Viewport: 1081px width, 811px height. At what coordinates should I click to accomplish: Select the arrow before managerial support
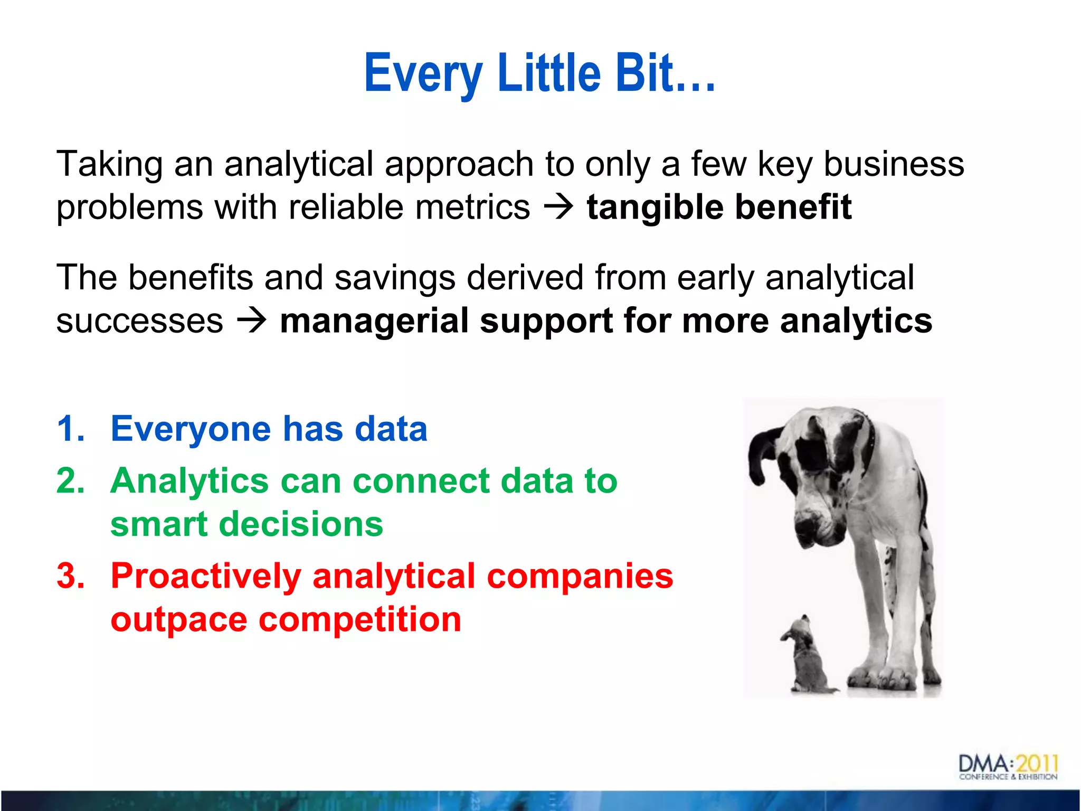252,320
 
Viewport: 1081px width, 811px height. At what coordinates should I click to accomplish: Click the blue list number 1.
70,428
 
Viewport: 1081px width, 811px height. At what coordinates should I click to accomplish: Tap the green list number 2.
70,481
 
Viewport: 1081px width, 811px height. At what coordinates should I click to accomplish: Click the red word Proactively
205,576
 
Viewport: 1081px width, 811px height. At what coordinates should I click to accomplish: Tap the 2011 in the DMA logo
1037,763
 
